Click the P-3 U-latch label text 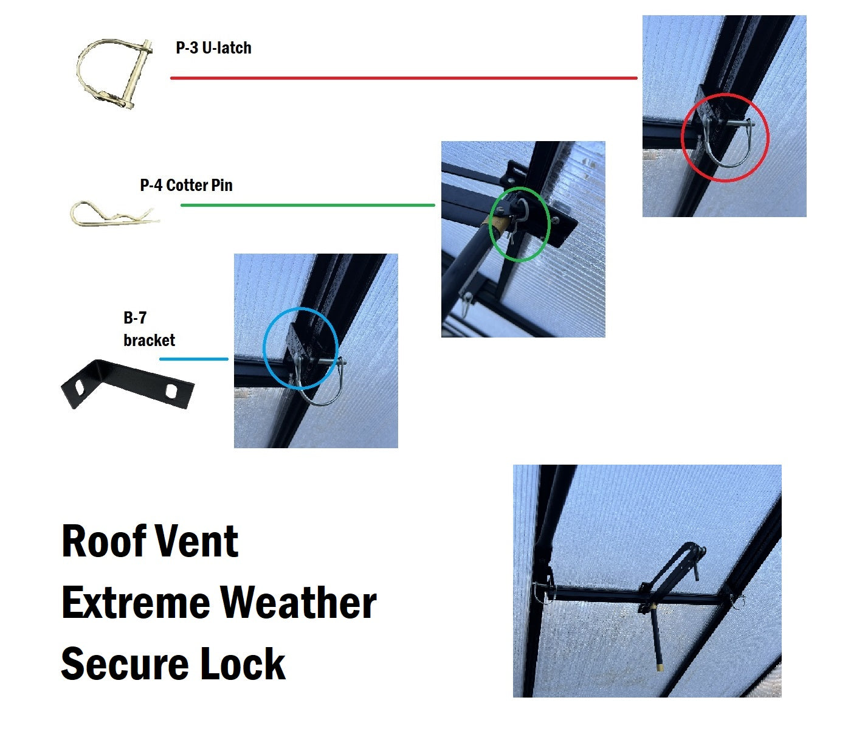213,47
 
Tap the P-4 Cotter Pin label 186,185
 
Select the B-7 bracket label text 149,329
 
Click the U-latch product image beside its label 114,74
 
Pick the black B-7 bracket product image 128,384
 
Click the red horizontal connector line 404,78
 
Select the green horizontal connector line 308,205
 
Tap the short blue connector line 194,359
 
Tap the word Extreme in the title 136,603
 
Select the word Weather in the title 299,603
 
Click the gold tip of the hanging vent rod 660,667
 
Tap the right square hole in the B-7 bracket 172,390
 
